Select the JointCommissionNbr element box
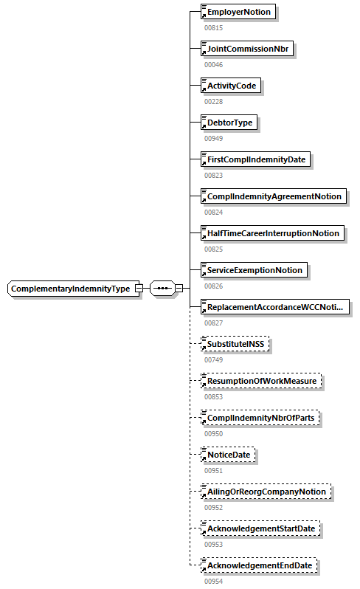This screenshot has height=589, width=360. (247, 49)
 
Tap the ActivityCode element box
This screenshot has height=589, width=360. (231, 86)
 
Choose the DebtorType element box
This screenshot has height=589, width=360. (229, 123)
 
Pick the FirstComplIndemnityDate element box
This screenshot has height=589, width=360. (256, 159)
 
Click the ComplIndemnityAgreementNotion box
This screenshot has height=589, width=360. (273, 196)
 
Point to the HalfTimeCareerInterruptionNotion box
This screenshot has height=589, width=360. (272, 233)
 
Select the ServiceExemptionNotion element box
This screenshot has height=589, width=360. (254, 270)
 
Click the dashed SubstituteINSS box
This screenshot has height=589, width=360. (236, 344)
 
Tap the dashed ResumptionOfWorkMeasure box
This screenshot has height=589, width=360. (262, 381)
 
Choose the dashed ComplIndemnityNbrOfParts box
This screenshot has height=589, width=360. (263, 418)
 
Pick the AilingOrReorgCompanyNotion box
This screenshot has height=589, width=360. (266, 492)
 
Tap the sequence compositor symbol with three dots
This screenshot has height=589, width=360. (162, 289)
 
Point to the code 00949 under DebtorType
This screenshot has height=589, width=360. (213, 138)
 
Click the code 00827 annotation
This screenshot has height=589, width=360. (213, 323)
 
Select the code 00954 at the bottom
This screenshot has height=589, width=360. (213, 581)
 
